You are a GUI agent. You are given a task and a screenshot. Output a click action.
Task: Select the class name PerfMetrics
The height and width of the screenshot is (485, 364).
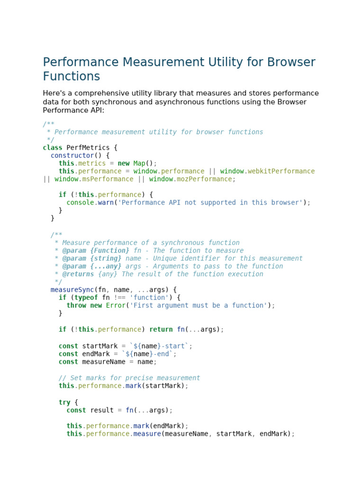[x=88, y=148]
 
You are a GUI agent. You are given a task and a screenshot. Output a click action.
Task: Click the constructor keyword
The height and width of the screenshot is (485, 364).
[x=73, y=155]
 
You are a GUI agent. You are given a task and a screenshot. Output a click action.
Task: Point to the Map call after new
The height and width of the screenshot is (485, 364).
[x=139, y=163]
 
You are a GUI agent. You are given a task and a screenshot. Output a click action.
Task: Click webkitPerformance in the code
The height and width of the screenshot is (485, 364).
[x=281, y=171]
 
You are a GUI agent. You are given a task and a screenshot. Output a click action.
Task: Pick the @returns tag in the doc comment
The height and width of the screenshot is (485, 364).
[x=78, y=274]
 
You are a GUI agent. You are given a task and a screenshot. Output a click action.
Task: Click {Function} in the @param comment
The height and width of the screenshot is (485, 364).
[x=109, y=251]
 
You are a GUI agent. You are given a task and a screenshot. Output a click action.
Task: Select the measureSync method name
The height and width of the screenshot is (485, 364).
[x=73, y=290]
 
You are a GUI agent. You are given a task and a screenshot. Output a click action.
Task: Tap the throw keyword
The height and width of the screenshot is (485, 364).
[x=76, y=305]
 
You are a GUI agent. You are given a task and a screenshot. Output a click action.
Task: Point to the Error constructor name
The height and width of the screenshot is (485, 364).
[x=116, y=305]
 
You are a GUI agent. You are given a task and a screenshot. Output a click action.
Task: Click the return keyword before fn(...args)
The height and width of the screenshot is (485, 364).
[x=161, y=329]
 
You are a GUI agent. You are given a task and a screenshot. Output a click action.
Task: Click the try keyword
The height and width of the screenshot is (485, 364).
[x=64, y=402]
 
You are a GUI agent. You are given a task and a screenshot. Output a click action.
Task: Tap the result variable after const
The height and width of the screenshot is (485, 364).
[x=102, y=410]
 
